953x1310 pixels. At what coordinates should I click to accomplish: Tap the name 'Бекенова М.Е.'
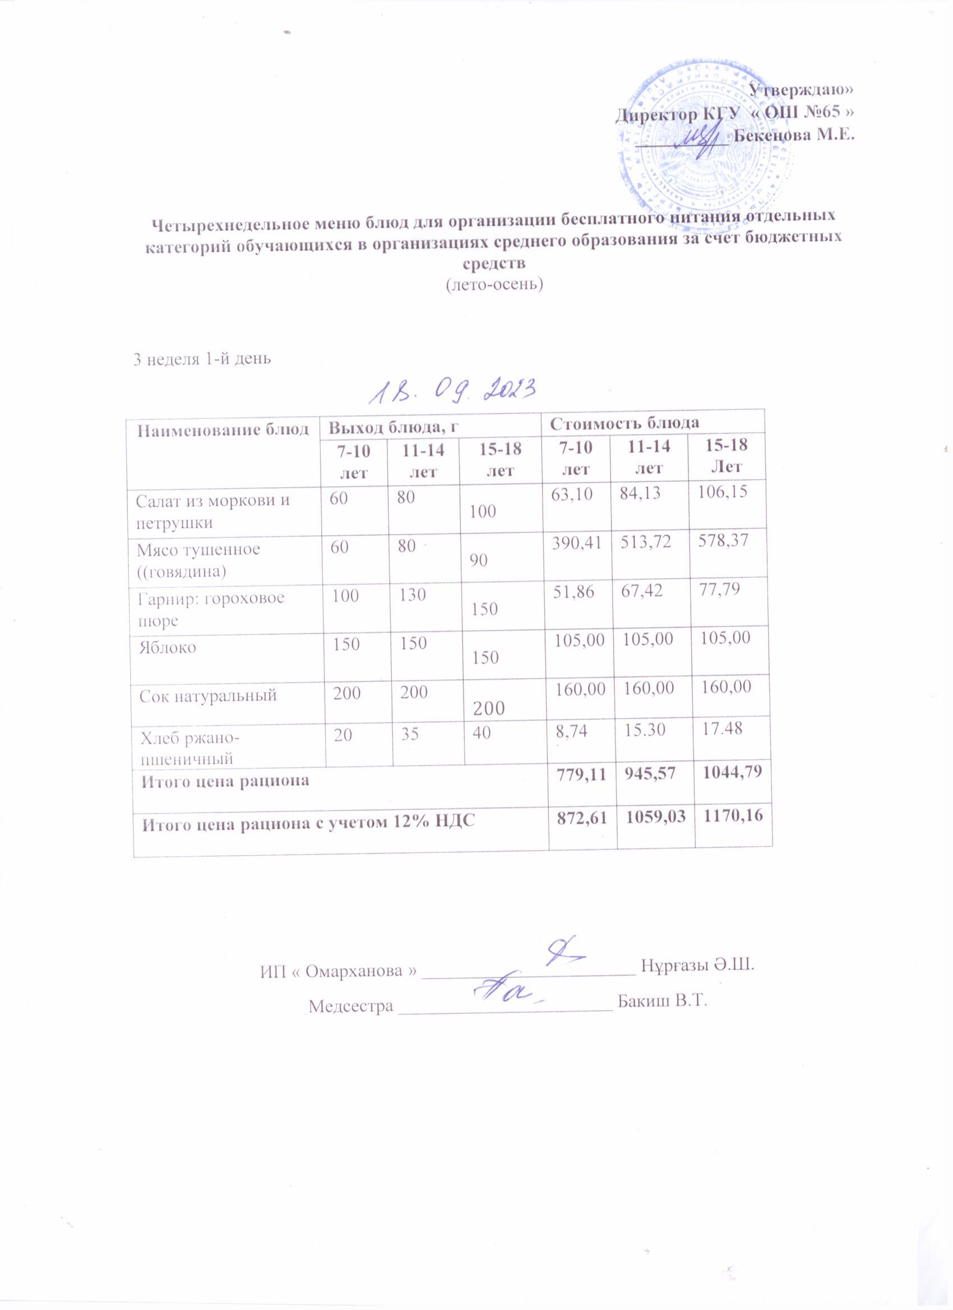(x=793, y=136)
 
